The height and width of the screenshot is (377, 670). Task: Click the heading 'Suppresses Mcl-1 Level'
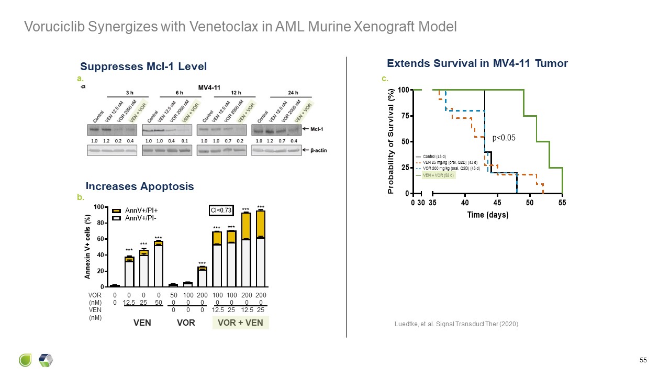coord(143,66)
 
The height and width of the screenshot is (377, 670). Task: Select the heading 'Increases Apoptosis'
coord(140,186)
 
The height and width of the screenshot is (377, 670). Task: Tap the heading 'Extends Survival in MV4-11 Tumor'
coord(477,63)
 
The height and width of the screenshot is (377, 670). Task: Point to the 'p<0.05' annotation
coord(504,138)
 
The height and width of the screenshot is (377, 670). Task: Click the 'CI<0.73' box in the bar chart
coord(220,210)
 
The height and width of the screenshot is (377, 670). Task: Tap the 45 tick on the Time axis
coord(497,203)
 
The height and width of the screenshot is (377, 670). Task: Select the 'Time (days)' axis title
coord(487,215)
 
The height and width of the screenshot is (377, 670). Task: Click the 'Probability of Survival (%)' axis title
coord(390,142)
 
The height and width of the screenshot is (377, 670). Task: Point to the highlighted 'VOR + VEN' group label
coord(240,323)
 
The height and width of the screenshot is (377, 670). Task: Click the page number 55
coord(643,360)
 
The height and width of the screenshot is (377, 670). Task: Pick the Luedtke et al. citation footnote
coord(456,324)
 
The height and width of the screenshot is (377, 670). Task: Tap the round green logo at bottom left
coord(26,360)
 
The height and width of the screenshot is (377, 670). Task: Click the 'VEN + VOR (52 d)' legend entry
coord(439,175)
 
